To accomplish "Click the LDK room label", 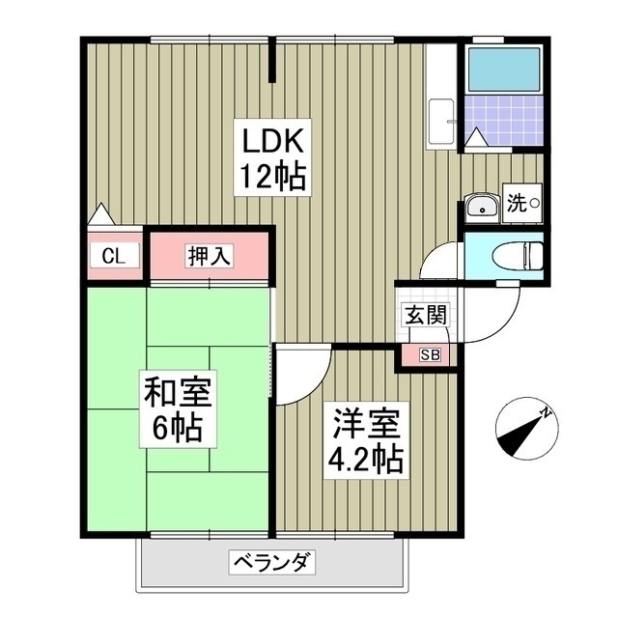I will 274,142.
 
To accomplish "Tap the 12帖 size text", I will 274,177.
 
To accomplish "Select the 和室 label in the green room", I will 180,392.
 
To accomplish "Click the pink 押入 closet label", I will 210,256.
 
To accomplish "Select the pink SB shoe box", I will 428,355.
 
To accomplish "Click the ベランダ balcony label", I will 271,561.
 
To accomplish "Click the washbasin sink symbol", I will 480,206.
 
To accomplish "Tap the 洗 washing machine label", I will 517,204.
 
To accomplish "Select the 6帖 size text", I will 180,427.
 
